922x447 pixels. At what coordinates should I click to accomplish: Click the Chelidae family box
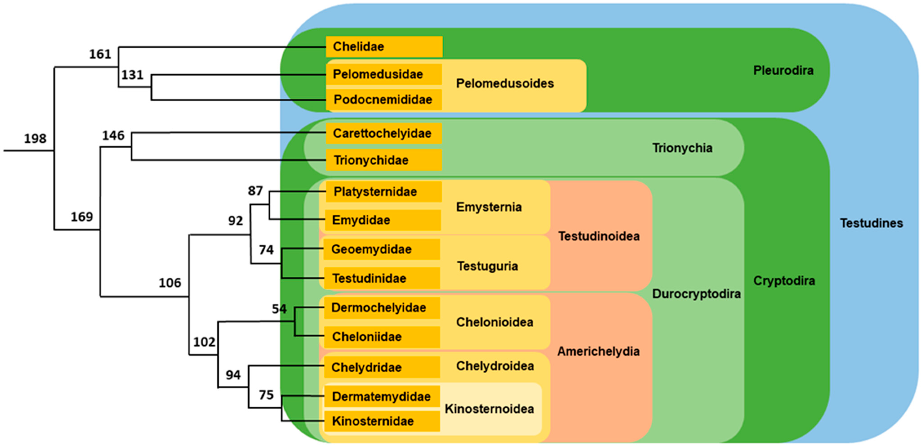[384, 47]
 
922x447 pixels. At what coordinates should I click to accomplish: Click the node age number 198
[35, 138]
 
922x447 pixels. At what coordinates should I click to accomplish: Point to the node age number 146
[113, 135]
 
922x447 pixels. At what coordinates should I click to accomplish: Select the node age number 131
[132, 75]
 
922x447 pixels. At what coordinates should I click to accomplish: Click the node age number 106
[170, 283]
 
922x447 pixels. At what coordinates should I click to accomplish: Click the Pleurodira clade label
[783, 70]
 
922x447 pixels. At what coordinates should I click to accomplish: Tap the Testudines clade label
[871, 223]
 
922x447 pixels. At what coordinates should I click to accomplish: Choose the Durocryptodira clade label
[696, 294]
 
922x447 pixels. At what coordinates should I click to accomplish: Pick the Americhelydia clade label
[598, 351]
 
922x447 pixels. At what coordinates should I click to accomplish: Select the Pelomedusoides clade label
[505, 83]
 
